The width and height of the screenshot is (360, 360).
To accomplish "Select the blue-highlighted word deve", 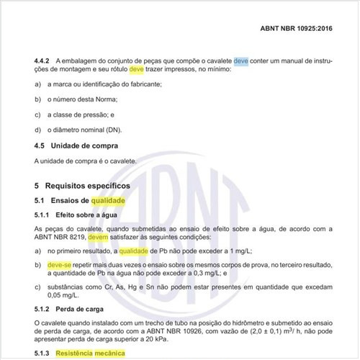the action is point(241,62).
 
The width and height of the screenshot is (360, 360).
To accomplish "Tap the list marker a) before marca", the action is point(37,85).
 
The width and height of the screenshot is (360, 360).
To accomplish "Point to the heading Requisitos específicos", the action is point(102,186).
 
